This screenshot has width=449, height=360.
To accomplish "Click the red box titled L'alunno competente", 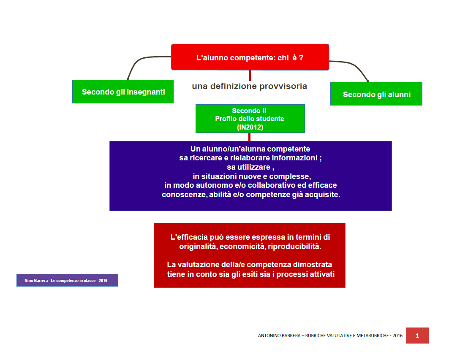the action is [x=250, y=57].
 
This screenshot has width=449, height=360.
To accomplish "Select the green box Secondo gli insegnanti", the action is [x=123, y=92].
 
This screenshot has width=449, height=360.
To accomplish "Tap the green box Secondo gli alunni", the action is [x=376, y=94].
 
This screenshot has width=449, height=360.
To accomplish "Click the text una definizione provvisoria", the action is [x=249, y=86].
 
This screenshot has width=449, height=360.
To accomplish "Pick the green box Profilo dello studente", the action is [x=250, y=119].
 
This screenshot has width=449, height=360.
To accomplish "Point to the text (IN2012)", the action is [x=250, y=127].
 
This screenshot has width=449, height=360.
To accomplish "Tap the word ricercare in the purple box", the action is [x=206, y=158].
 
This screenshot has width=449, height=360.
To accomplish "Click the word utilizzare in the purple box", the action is [x=254, y=167].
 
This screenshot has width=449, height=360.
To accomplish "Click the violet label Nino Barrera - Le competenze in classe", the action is [x=67, y=280].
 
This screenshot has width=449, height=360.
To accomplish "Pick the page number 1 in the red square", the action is [x=417, y=336].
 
